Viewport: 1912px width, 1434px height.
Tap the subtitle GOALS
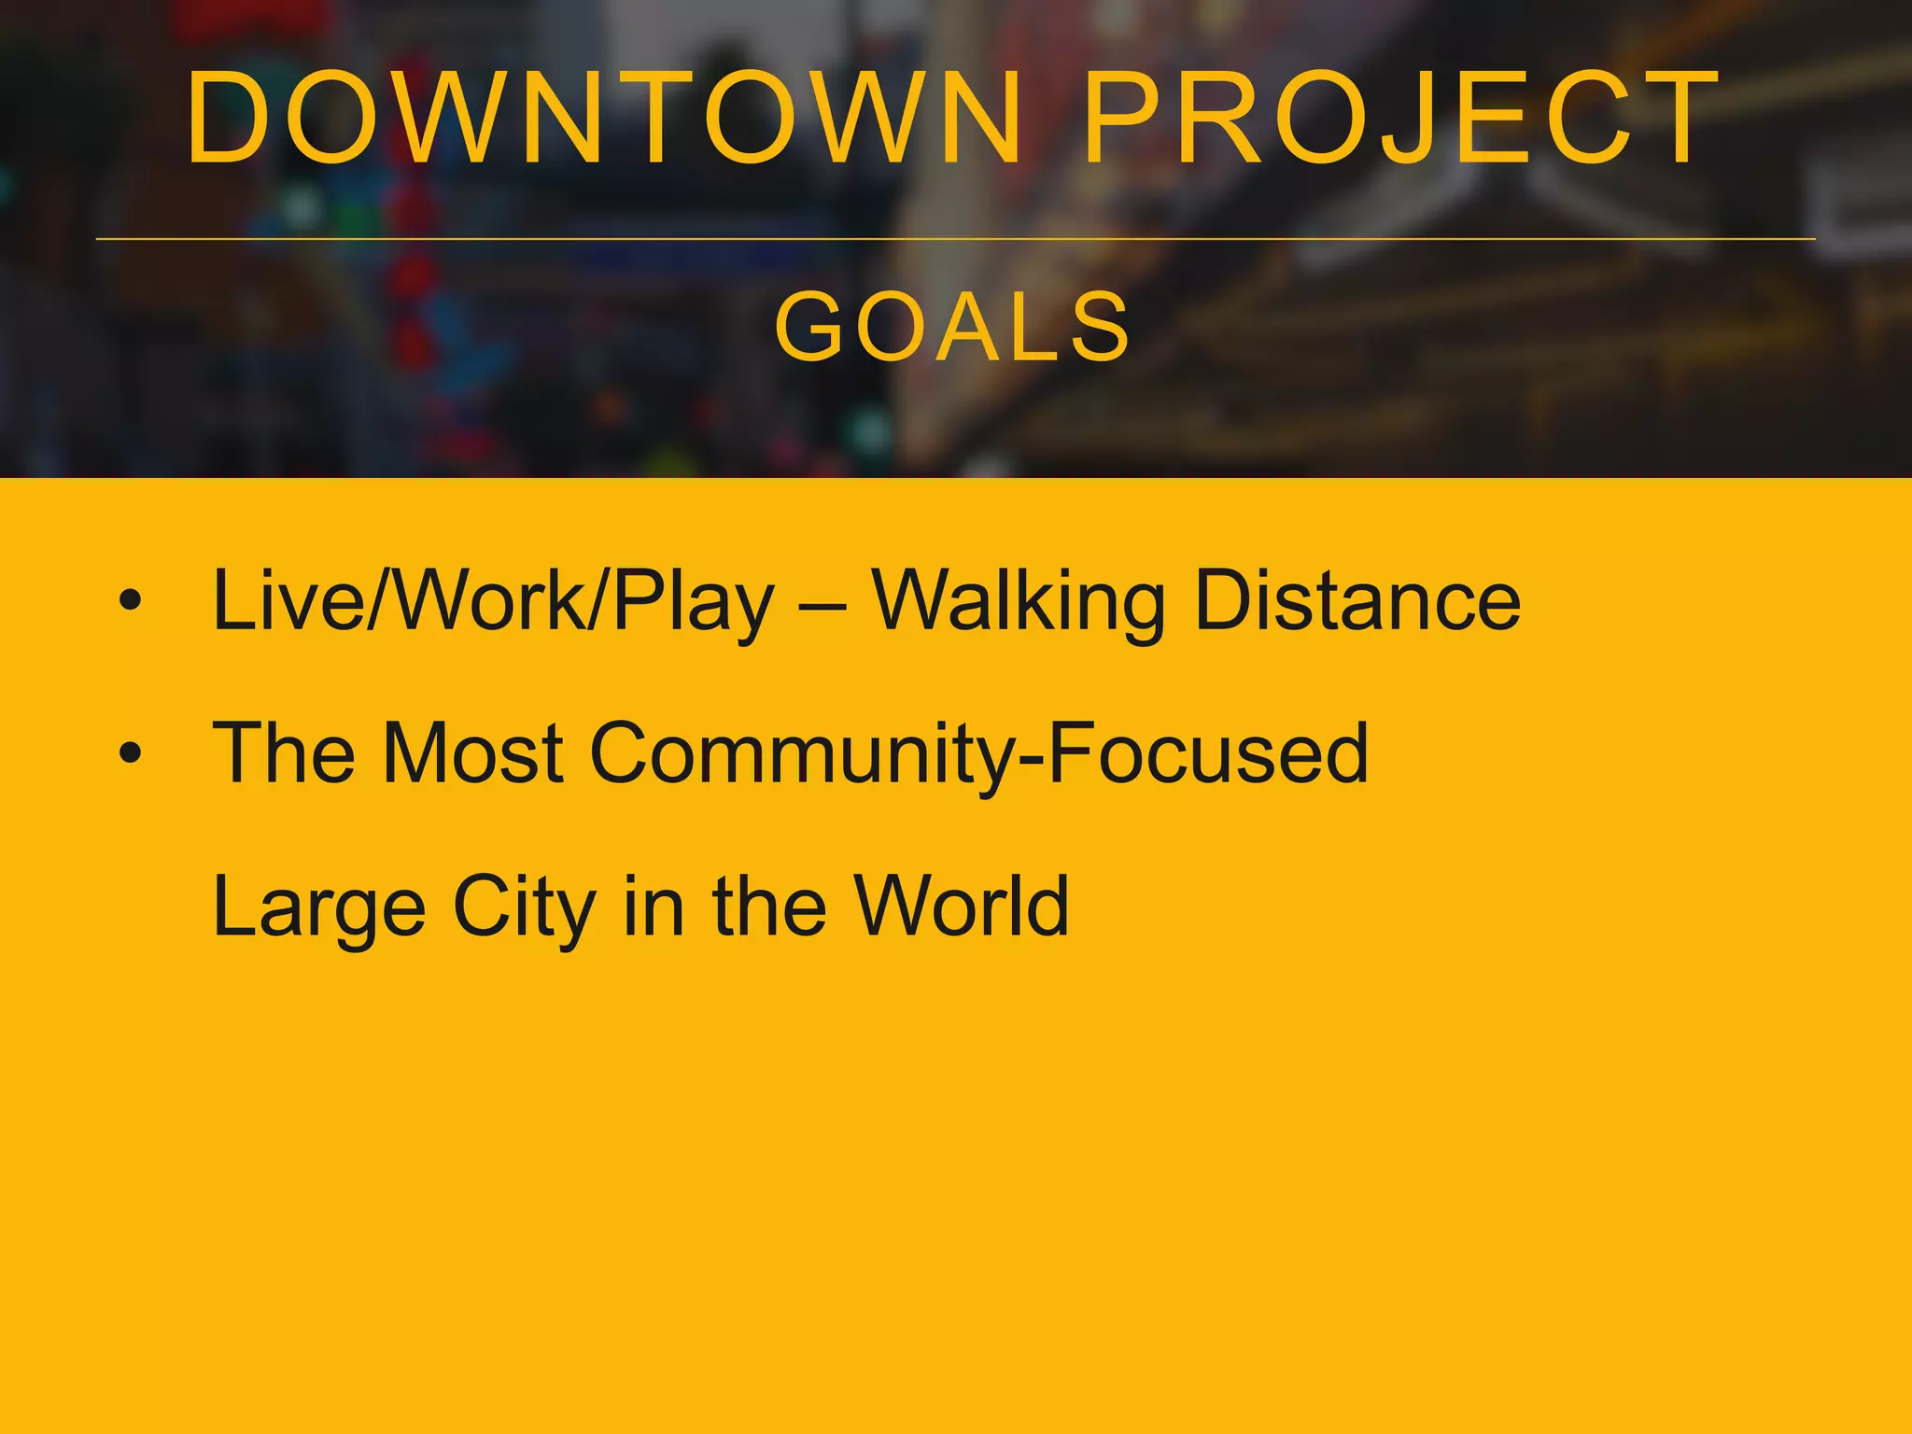[953, 327]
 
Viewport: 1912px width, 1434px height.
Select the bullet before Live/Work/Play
[131, 600]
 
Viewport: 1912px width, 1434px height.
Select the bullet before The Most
[131, 752]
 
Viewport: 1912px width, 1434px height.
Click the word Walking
[1019, 602]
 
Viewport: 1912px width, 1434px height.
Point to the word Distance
[1357, 600]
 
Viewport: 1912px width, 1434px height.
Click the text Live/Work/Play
[493, 602]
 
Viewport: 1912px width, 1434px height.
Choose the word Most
[472, 752]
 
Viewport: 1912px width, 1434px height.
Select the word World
[963, 906]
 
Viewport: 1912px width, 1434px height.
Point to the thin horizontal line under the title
[955, 239]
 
